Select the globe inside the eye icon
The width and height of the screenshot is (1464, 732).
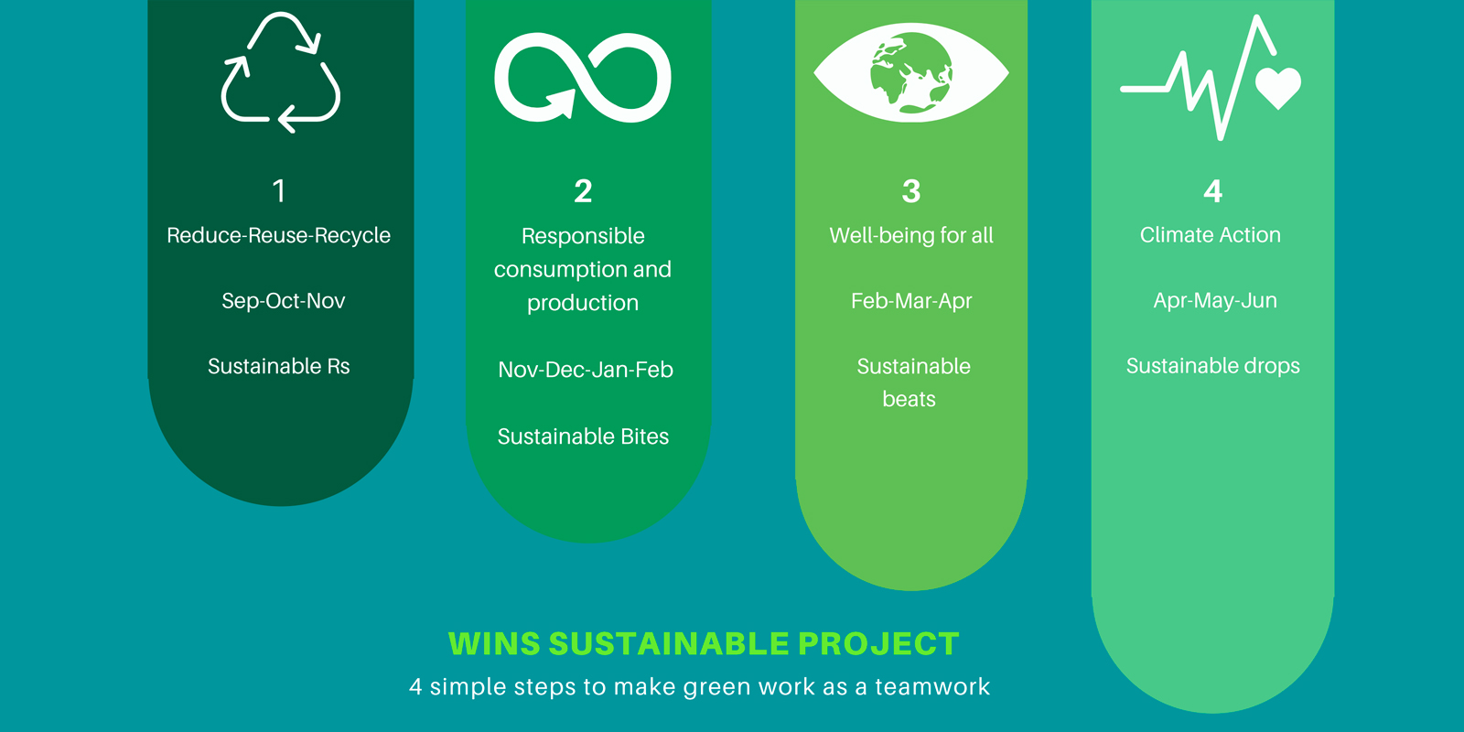point(911,72)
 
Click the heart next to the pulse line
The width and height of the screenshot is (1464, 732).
point(1278,88)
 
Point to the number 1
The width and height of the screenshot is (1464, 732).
point(279,191)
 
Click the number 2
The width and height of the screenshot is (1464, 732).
point(583,191)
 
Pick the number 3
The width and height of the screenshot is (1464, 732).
point(911,191)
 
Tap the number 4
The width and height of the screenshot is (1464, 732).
point(1213,191)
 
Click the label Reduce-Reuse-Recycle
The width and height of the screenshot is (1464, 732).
point(278,235)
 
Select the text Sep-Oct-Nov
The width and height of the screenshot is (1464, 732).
point(283,301)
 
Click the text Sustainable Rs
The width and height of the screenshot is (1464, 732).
point(278,366)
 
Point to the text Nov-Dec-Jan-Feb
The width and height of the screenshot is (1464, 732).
point(586,370)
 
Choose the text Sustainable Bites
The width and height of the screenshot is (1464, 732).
point(583,436)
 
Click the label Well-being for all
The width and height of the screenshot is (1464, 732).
point(911,235)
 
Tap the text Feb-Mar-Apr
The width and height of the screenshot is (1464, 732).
point(911,301)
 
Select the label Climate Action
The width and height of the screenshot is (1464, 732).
point(1211,234)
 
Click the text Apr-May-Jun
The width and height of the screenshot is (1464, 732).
point(1215,300)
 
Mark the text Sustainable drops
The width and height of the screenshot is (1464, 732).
point(1213,365)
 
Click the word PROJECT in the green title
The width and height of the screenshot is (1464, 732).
point(878,644)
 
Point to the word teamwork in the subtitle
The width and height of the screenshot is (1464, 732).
point(932,687)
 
